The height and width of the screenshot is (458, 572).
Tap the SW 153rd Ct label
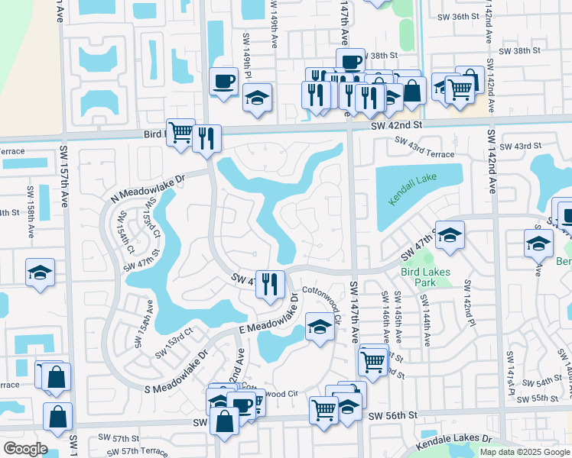tap(173, 343)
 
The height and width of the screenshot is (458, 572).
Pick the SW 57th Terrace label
tap(139, 451)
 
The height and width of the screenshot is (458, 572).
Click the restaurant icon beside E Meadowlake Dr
tap(269, 284)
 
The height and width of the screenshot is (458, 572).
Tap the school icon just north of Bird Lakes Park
tap(450, 235)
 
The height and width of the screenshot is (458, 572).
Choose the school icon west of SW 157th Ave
tap(39, 273)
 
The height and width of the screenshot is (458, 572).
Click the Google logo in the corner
tap(24, 449)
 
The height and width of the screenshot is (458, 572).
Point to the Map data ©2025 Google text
tap(524, 452)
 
